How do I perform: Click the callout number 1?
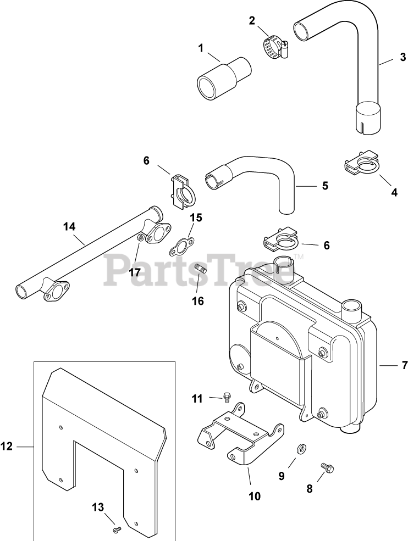tap(201, 48)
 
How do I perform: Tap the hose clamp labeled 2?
tap(275, 48)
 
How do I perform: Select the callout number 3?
tap(403, 57)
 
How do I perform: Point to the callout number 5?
tap(325, 186)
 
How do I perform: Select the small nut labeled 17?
tap(140, 237)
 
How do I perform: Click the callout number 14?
tap(69, 227)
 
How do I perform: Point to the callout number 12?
tap(6, 447)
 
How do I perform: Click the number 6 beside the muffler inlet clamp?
tap(326, 246)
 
